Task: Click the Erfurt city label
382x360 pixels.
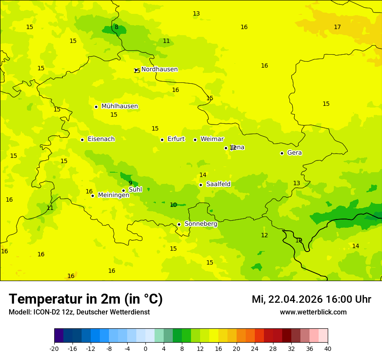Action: tap(176, 139)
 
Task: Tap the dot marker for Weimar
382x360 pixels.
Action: tap(195, 140)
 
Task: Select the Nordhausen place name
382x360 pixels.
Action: tap(159, 69)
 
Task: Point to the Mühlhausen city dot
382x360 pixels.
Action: tap(96, 107)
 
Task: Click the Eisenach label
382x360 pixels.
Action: tap(101, 139)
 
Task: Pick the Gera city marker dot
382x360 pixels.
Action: tap(282, 153)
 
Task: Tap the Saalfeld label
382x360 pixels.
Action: tap(218, 184)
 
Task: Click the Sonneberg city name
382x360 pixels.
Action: tap(201, 224)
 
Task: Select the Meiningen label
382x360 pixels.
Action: tap(113, 195)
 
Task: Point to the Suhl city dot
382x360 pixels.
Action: tap(123, 190)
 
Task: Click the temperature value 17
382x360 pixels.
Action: tap(337, 27)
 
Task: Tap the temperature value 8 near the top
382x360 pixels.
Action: tap(116, 27)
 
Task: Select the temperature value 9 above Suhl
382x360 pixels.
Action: tap(130, 183)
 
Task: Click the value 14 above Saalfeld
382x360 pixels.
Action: tap(203, 175)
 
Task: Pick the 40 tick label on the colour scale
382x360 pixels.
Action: tap(328, 348)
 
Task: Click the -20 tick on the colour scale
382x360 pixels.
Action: tap(54, 348)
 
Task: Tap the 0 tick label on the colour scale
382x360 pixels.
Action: tap(145, 348)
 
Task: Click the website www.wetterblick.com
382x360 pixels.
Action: tap(313, 312)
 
